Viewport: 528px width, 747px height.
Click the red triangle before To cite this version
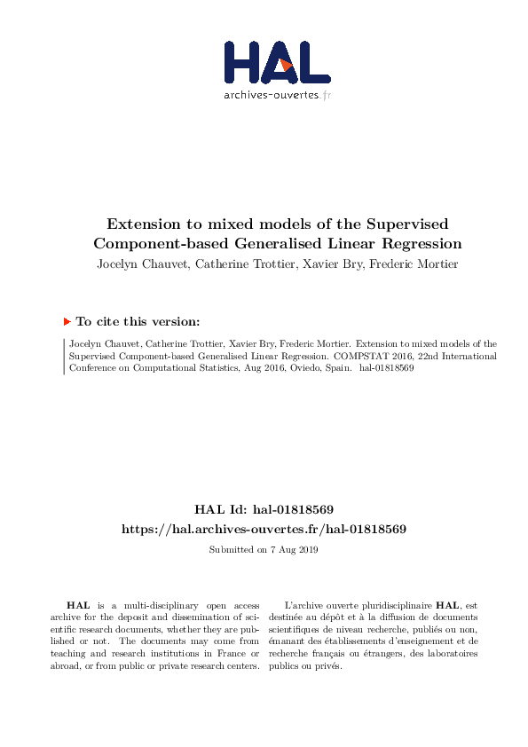coord(67,321)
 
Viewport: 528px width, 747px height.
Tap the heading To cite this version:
coord(138,322)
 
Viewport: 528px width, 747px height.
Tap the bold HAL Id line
coord(264,509)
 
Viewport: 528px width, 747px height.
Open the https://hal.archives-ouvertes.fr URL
coord(264,529)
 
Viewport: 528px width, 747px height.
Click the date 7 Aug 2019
coord(290,550)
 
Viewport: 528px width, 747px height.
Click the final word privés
coord(327,666)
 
